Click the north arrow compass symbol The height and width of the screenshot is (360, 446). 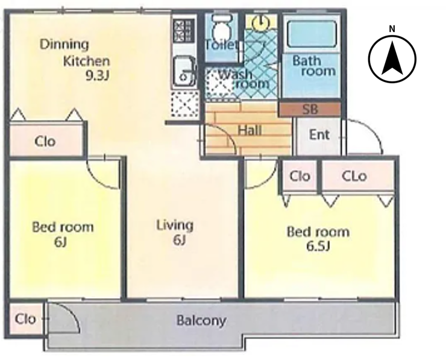[392, 59]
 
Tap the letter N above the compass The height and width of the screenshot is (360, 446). [392, 29]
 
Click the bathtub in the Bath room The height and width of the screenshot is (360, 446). [312, 34]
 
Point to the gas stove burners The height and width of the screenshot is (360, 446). [183, 30]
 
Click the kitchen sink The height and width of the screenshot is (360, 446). [184, 71]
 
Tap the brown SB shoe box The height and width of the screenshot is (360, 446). [310, 109]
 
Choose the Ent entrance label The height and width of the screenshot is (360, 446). [319, 134]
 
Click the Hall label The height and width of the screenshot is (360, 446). [250, 130]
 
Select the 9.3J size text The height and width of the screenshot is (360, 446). [98, 75]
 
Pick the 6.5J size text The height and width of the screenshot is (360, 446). [318, 247]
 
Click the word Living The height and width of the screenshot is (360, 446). [175, 226]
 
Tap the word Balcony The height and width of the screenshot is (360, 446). [201, 321]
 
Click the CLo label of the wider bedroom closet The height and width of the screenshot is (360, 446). [354, 177]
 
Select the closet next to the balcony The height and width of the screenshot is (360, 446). [25, 319]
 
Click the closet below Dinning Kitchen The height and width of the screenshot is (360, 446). [46, 141]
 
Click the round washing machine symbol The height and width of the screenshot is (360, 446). [261, 23]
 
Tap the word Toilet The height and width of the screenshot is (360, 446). [221, 45]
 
